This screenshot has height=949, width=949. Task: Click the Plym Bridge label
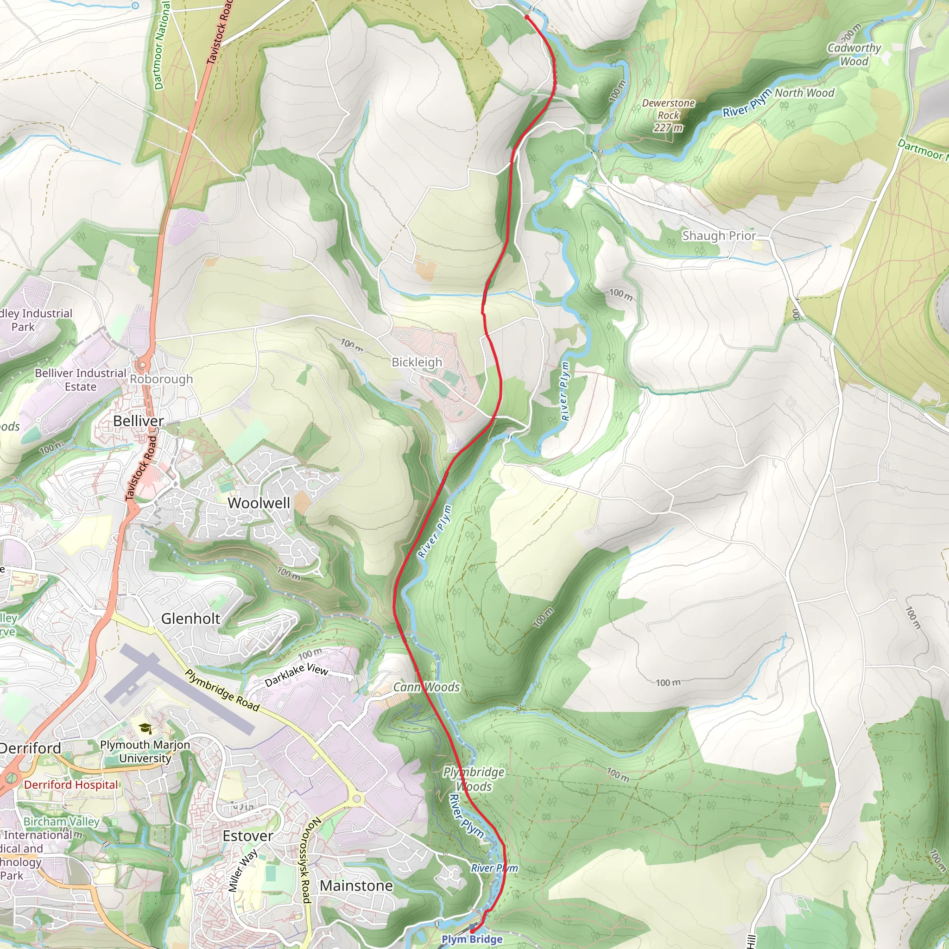pos(472,939)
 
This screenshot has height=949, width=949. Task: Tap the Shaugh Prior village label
pos(719,236)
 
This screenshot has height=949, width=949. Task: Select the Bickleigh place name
pos(417,362)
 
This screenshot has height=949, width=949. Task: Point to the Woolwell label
pos(259,503)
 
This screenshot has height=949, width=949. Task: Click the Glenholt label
pos(190,619)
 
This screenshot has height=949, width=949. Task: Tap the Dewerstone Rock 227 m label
pos(668,115)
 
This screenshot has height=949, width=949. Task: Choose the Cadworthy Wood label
pos(854,55)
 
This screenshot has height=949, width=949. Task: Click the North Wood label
pos(804,93)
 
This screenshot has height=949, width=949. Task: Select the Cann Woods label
pos(426,687)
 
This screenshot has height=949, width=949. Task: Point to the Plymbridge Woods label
pos(474,779)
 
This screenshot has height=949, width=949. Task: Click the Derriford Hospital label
pos(71,785)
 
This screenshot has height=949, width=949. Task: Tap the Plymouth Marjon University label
pos(145,752)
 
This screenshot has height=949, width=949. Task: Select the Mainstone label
pos(356,886)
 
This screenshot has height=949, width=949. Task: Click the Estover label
pos(247,835)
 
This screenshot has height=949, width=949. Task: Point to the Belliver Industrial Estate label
pos(81,380)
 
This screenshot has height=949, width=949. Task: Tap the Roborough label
pos(161,379)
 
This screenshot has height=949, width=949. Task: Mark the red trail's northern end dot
pos(526,17)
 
